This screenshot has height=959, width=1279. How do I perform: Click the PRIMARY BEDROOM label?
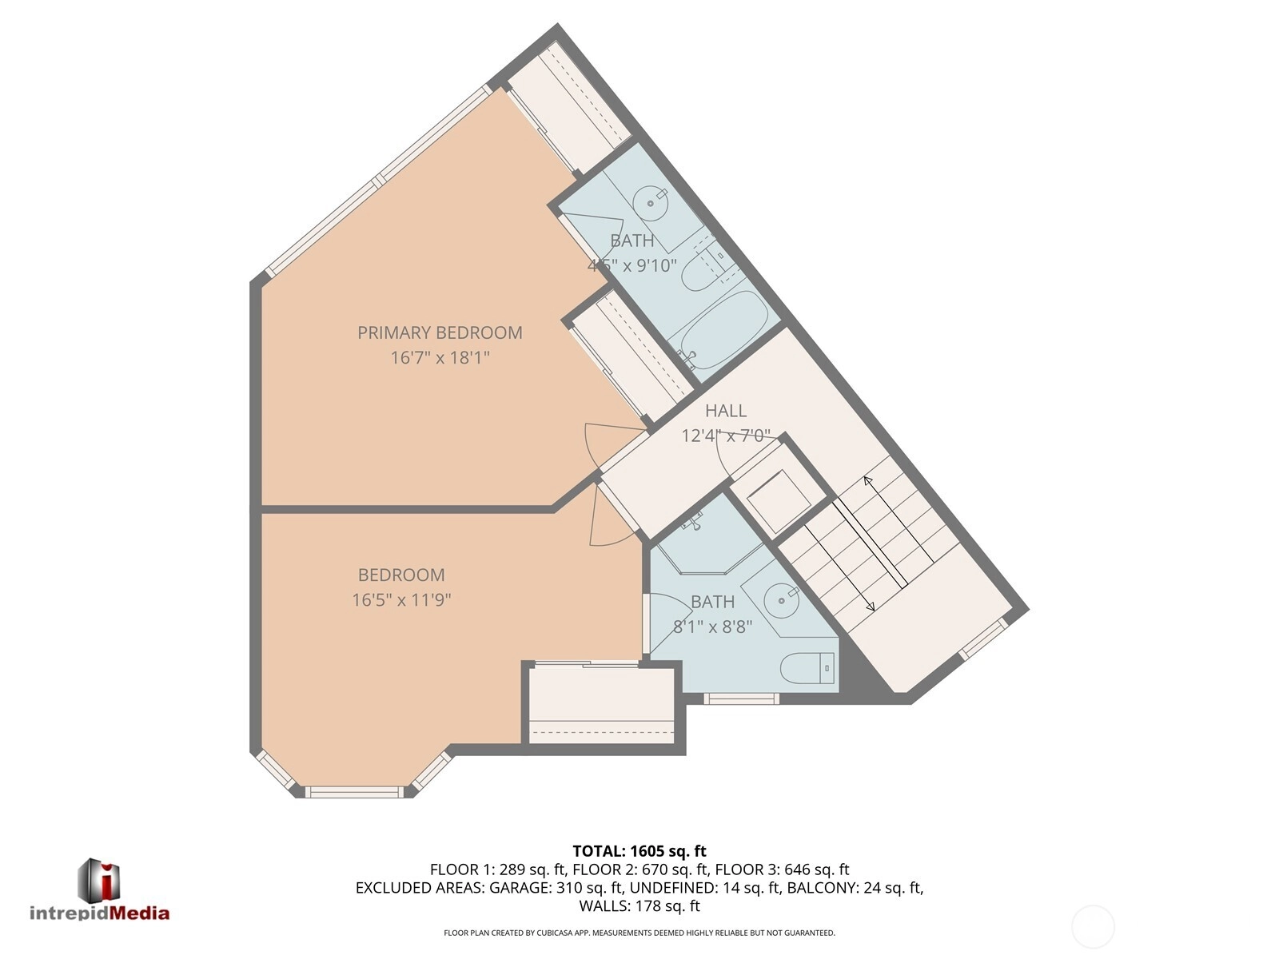coord(440,332)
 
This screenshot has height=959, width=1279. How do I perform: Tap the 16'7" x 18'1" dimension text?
coord(440,357)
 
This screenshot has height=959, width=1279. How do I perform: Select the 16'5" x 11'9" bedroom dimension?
coord(401,599)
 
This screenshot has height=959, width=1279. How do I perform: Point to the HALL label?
coord(726,411)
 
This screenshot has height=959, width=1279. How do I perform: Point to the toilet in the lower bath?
coord(807,668)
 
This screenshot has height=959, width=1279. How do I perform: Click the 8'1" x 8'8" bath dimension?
coord(712,627)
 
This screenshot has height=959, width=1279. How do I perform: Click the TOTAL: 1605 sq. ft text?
coord(639,851)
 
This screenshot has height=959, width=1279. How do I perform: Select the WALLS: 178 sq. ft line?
coord(639,906)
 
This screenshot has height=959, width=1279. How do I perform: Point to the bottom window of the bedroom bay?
coord(354,792)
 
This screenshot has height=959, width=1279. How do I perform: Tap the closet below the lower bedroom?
coord(601,705)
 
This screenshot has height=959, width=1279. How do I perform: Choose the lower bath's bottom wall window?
coord(741,698)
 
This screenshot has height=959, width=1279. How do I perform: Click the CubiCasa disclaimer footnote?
coord(639,933)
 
